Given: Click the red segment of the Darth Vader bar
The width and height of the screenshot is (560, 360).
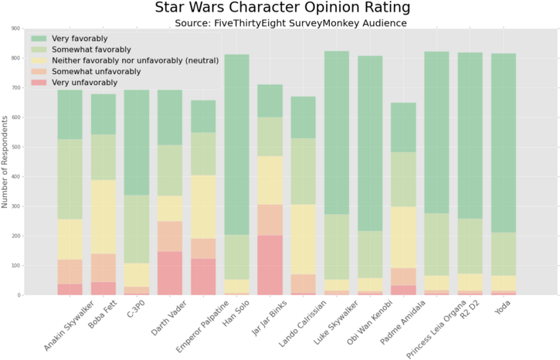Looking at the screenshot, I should (x=170, y=273).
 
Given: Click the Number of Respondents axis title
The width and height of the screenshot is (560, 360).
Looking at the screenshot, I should (x=5, y=162).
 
